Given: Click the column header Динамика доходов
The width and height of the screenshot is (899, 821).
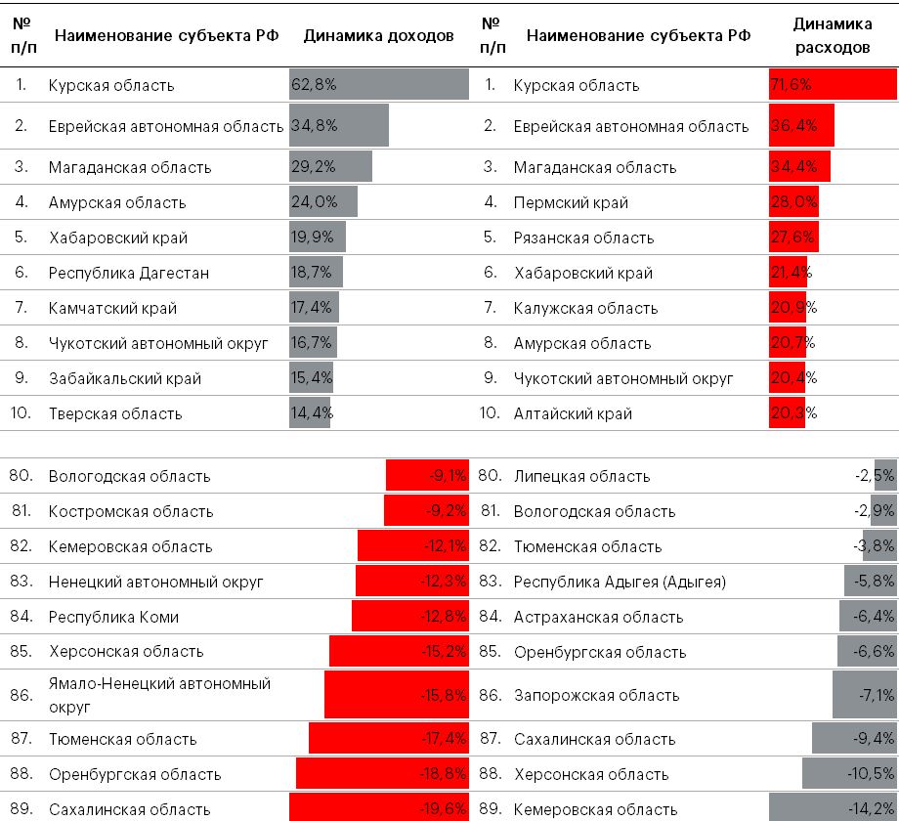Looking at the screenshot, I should point(378,36).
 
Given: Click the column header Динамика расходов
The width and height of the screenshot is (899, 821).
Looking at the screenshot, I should point(833,36).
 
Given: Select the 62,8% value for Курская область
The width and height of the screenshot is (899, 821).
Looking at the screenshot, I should point(314,85).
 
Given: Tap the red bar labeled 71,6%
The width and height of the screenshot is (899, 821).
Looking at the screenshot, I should point(833,85).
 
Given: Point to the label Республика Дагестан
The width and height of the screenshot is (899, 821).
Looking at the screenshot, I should point(129,273).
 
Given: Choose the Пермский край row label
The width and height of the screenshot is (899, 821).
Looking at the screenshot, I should point(571,202).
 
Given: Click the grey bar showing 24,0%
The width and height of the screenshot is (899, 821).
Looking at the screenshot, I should point(323,202).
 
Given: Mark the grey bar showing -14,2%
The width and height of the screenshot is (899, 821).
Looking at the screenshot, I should point(833,809).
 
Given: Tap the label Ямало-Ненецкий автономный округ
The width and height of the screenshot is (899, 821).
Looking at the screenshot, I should point(159,694).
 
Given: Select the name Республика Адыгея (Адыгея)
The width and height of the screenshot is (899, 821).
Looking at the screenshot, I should point(620,582).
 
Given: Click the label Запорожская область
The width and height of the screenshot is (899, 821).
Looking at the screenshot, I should point(596,695).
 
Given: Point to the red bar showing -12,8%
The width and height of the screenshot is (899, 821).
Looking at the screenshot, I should point(410,617).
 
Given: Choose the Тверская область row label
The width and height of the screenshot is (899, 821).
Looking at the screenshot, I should point(115,413).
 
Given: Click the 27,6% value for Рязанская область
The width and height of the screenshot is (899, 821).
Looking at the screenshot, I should point(792,238).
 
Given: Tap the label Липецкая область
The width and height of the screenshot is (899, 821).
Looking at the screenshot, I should point(581,476).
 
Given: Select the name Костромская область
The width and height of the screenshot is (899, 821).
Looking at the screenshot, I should point(131,511).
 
